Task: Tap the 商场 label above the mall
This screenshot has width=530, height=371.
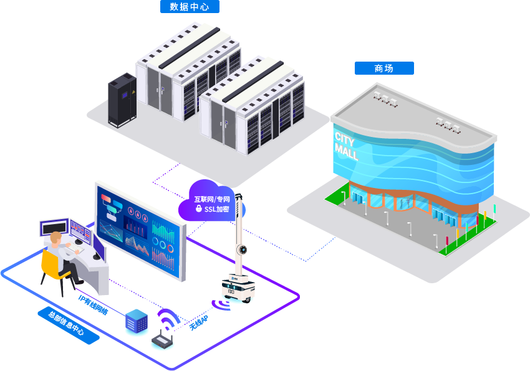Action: click(x=384, y=68)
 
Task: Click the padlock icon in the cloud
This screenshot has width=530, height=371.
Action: click(x=198, y=209)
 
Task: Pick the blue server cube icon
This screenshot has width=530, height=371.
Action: click(x=136, y=321)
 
